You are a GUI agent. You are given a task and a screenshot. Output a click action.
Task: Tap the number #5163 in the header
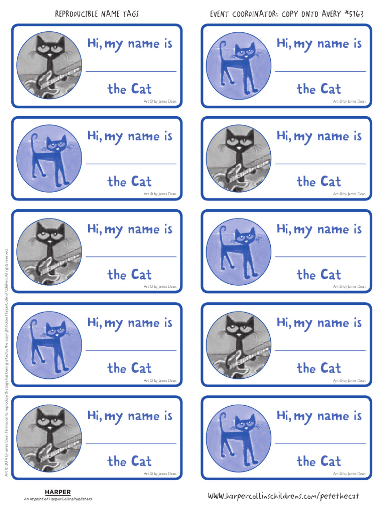pyautogui.click(x=353, y=14)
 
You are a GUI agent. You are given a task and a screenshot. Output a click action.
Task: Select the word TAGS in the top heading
pyautogui.click(x=130, y=14)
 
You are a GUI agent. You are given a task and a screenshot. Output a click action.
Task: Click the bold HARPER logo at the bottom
pyautogui.click(x=58, y=492)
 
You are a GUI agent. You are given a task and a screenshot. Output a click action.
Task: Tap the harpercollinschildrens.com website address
pyautogui.click(x=283, y=496)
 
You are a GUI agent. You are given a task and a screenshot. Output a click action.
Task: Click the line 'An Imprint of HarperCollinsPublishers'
pyautogui.click(x=58, y=499)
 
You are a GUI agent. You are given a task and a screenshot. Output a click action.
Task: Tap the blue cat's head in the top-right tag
pyautogui.click(x=245, y=52)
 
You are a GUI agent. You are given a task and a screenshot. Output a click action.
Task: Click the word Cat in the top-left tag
pyautogui.click(x=141, y=89)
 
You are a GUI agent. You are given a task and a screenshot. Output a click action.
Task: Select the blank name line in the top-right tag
pyautogui.click(x=320, y=71)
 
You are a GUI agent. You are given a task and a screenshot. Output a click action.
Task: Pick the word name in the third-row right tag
pyautogui.click(x=333, y=230)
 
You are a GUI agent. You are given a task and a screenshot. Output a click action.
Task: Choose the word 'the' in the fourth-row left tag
pyautogui.click(x=117, y=368)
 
